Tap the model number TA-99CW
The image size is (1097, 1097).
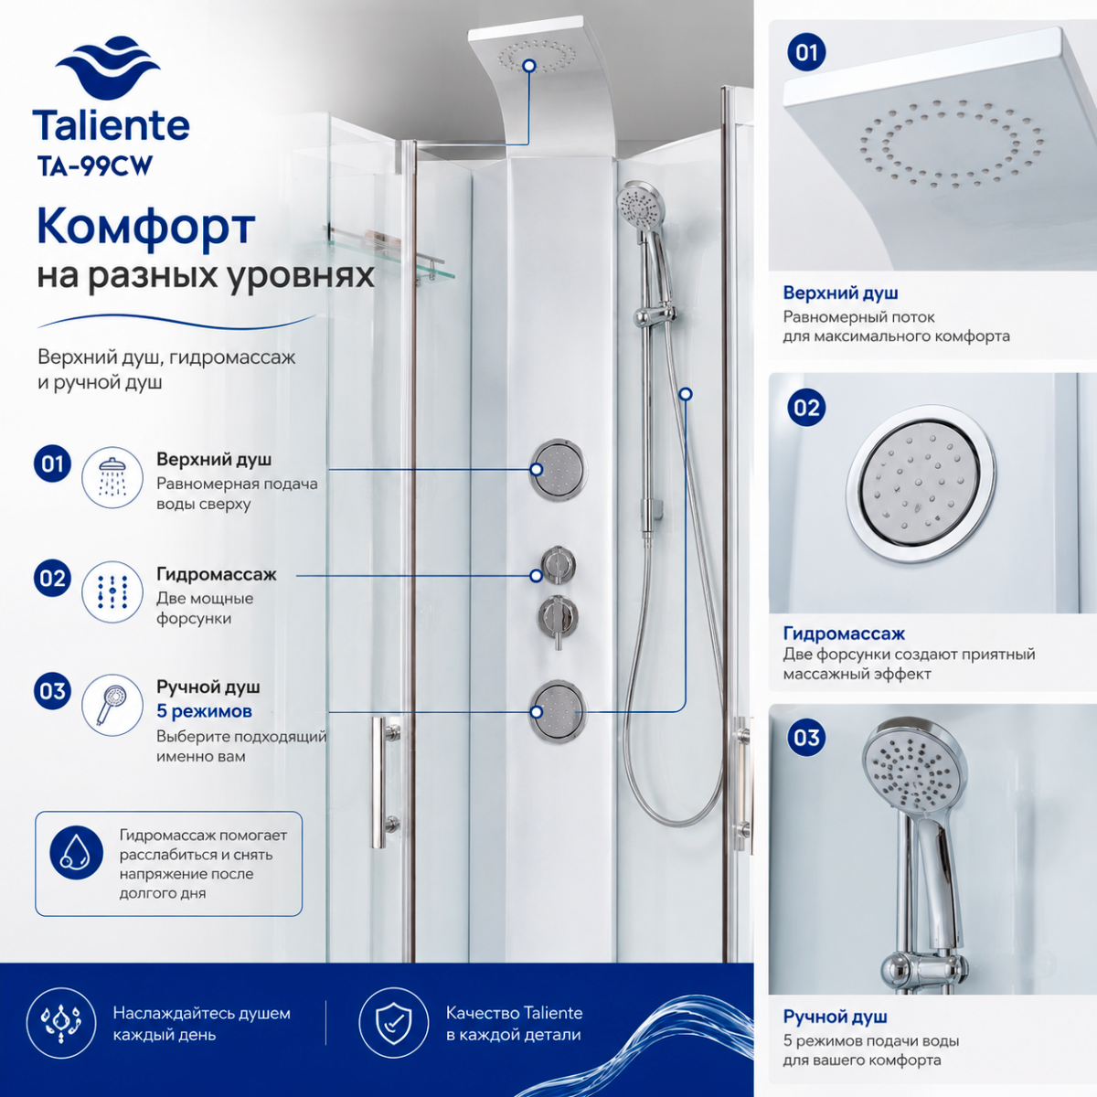(x=95, y=166)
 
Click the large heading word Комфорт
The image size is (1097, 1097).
(x=146, y=227)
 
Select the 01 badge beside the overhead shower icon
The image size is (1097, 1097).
(x=52, y=464)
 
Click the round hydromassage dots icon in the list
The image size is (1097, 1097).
(x=112, y=591)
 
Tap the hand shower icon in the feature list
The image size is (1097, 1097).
(x=112, y=705)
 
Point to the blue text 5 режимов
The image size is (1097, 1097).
(x=205, y=711)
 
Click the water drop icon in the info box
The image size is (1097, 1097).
(x=76, y=852)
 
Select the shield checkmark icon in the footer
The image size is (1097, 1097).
(x=393, y=1023)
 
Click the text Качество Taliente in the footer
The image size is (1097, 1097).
(x=514, y=1013)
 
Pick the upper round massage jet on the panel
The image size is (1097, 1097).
(x=558, y=470)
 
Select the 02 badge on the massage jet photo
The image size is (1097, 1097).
(x=806, y=408)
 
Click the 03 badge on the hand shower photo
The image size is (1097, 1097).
(x=806, y=738)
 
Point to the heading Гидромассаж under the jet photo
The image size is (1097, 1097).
(x=844, y=633)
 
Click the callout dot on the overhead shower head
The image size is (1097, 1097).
(x=529, y=66)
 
